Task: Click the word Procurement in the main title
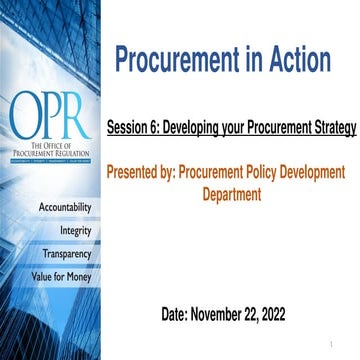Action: pos(171,61)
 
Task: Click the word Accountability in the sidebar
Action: pos(66,207)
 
